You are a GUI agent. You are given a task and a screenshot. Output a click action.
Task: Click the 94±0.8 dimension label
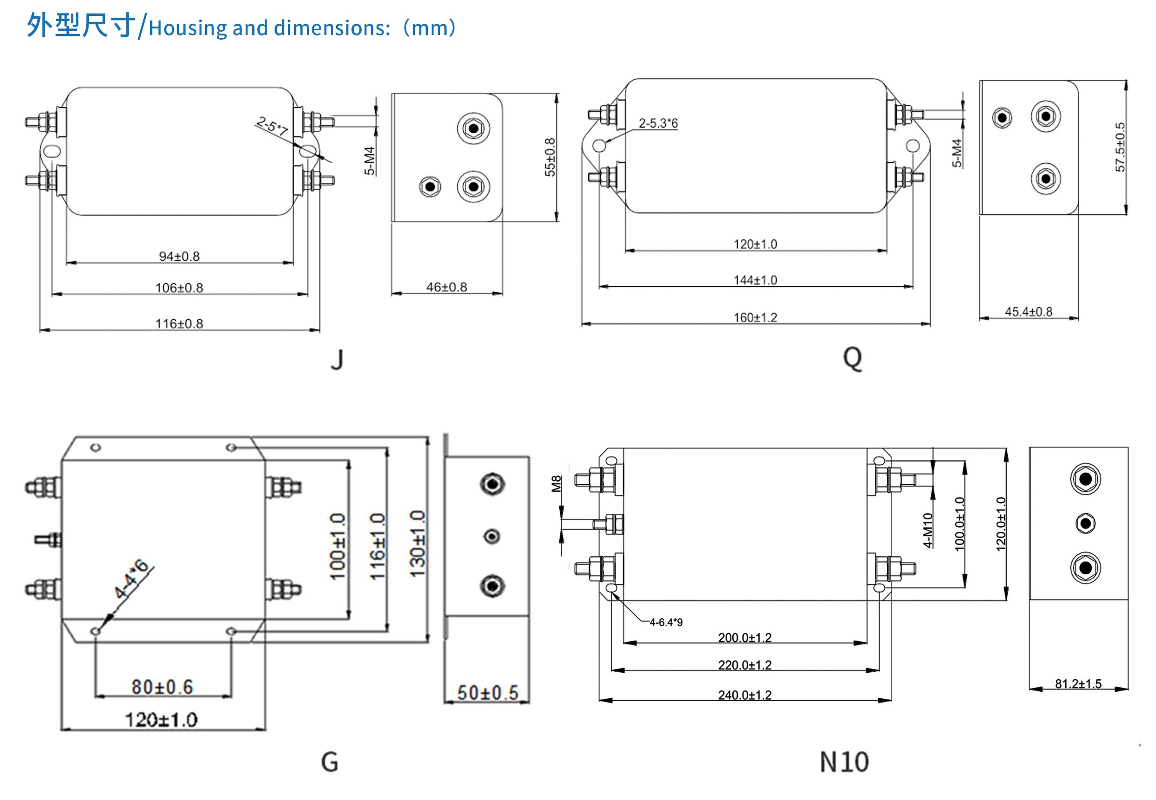tap(179, 256)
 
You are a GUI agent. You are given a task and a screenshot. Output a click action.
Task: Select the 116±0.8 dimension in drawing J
tap(179, 323)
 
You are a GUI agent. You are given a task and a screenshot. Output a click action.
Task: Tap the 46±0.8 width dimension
tap(446, 287)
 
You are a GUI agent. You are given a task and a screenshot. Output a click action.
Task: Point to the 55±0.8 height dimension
tap(550, 157)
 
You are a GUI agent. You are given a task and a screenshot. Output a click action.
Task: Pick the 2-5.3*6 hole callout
tap(658, 123)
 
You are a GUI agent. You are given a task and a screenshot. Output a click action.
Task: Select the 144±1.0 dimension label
tap(755, 280)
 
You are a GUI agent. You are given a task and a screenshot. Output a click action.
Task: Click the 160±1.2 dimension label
tap(755, 317)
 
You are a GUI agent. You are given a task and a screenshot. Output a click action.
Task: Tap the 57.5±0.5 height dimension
tap(1120, 147)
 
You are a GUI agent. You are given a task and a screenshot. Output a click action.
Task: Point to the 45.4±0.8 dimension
tap(1028, 311)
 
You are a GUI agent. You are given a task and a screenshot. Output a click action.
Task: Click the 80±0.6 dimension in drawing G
tap(162, 687)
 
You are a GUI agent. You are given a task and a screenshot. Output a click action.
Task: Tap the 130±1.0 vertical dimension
tap(417, 544)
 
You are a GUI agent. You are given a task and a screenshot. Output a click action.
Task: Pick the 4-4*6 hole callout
tap(131, 579)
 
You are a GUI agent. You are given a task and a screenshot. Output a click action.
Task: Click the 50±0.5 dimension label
tap(487, 693)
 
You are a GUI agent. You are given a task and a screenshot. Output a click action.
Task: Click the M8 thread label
tap(556, 484)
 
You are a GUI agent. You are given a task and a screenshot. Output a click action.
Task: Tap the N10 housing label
tap(844, 762)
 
